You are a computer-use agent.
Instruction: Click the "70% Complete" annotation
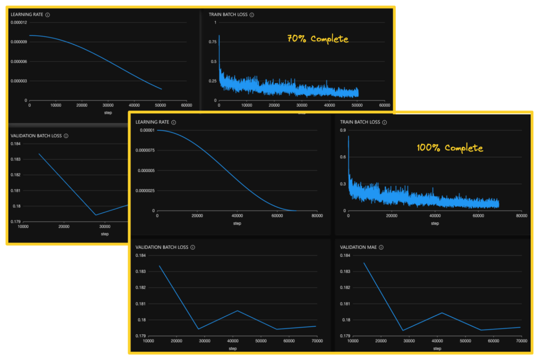click(x=317, y=39)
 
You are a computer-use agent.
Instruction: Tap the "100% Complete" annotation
click(x=450, y=148)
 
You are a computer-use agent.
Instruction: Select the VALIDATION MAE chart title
click(x=358, y=247)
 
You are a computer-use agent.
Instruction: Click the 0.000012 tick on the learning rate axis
click(x=19, y=23)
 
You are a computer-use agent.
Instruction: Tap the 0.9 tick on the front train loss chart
click(x=343, y=130)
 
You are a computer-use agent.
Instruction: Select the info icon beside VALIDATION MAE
click(x=381, y=247)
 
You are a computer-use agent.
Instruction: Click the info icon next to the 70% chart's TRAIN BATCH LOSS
click(x=252, y=15)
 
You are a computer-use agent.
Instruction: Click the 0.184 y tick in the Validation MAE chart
click(x=345, y=256)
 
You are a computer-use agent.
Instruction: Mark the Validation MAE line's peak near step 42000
click(x=442, y=313)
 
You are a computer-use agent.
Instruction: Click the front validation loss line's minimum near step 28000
click(x=198, y=329)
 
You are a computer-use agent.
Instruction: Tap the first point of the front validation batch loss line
click(x=159, y=266)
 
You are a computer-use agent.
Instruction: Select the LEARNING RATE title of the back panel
click(x=27, y=15)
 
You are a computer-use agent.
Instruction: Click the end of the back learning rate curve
click(x=162, y=89)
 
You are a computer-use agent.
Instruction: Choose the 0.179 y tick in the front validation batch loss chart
click(x=141, y=336)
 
